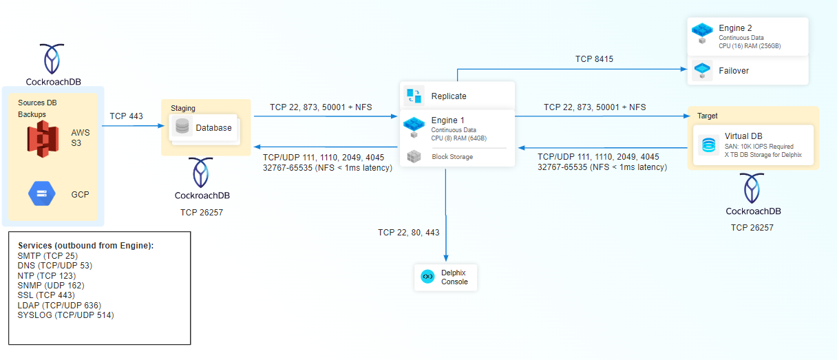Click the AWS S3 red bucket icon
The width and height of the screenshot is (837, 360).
click(x=47, y=138)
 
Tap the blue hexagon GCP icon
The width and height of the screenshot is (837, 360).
click(x=42, y=193)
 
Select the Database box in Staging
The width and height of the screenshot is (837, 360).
click(x=204, y=127)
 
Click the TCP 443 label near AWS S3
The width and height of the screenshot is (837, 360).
click(x=127, y=116)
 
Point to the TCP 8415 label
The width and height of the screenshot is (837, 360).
click(x=594, y=59)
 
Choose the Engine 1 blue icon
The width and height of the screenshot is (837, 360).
click(x=414, y=125)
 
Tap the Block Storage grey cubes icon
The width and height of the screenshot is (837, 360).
click(x=414, y=156)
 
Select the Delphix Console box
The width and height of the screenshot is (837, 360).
click(x=445, y=277)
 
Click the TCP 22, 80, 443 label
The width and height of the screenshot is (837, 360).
click(x=408, y=233)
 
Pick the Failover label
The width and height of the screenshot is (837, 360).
click(x=734, y=70)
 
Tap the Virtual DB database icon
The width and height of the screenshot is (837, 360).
click(x=708, y=145)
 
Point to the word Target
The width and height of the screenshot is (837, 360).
click(x=708, y=116)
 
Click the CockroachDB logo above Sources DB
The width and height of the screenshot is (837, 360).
click(x=53, y=59)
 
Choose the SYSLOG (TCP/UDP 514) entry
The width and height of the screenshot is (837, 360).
click(x=65, y=315)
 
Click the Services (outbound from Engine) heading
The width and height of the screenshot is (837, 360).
click(x=85, y=246)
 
